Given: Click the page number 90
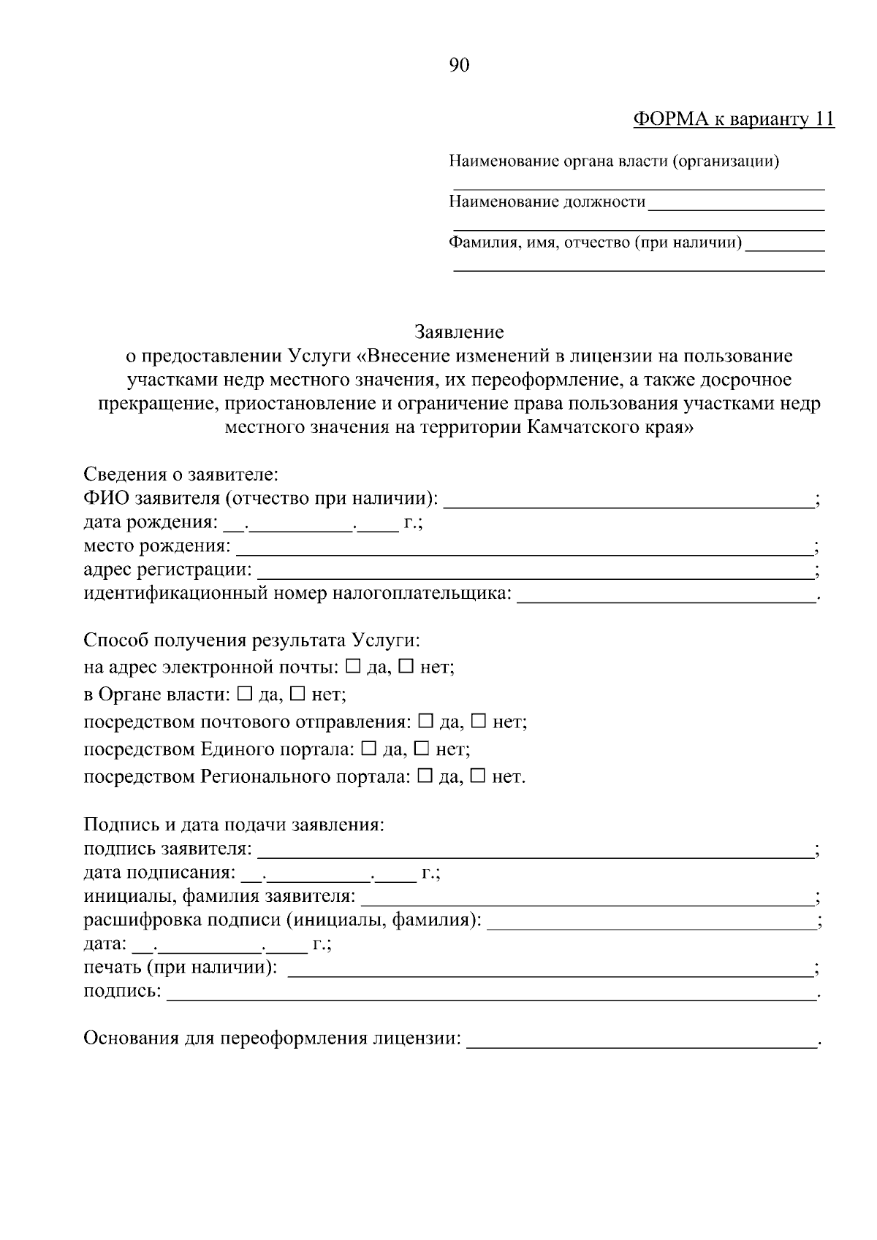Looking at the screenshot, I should [x=459, y=66].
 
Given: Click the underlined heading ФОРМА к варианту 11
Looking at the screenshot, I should [x=733, y=120].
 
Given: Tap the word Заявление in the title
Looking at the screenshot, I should [x=459, y=332].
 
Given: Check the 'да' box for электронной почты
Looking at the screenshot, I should [x=353, y=667].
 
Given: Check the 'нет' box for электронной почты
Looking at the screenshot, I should [x=407, y=667].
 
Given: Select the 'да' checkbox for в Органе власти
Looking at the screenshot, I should [x=246, y=694].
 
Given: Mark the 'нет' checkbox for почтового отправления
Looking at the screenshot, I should [x=479, y=722].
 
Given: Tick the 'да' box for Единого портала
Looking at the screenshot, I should [x=369, y=749].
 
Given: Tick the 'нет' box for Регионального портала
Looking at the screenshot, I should [x=478, y=776].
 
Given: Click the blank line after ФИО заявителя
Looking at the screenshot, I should [x=629, y=501].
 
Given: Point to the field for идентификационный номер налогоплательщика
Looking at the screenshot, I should [x=666, y=596].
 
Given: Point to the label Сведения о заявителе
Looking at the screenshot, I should [x=181, y=475].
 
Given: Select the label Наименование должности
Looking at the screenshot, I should [x=547, y=202].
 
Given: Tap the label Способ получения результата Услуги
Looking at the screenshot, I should [x=252, y=640].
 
